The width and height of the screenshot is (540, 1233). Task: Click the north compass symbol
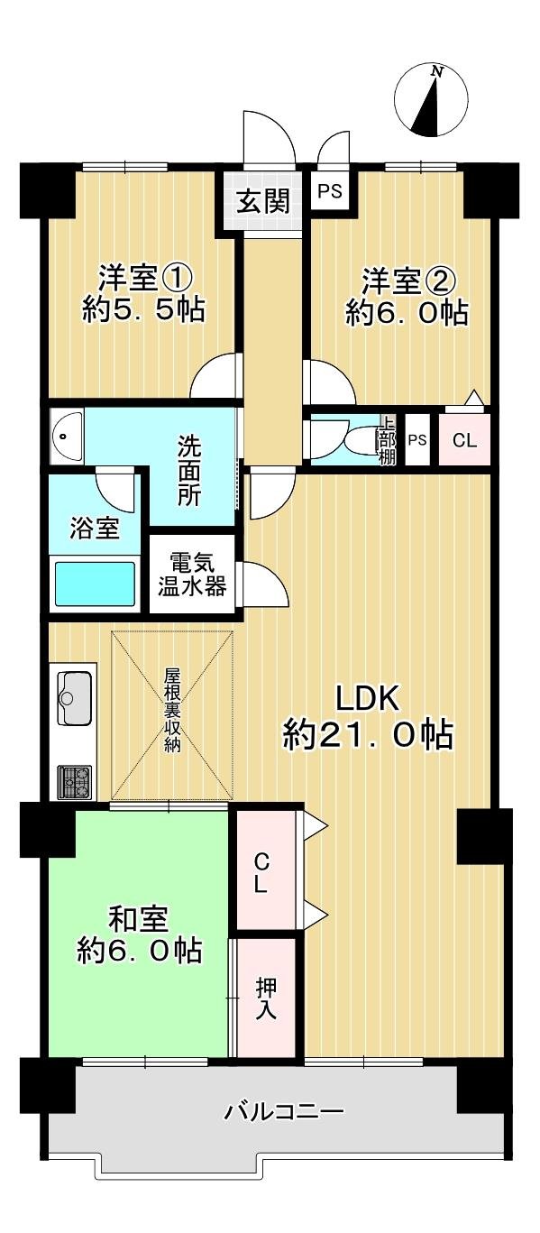coord(431,99)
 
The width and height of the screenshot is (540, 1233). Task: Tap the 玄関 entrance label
coord(262,201)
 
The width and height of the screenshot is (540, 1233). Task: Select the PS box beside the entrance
coord(328,191)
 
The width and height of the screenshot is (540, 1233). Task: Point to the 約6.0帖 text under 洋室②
coord(406,312)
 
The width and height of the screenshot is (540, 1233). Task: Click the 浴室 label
coord(96,528)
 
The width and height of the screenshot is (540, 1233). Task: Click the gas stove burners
coord(76,781)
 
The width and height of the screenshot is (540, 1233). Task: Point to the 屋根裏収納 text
coord(172,710)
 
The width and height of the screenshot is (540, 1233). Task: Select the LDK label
coord(368,698)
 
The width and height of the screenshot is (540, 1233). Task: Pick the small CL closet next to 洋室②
coord(464,441)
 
